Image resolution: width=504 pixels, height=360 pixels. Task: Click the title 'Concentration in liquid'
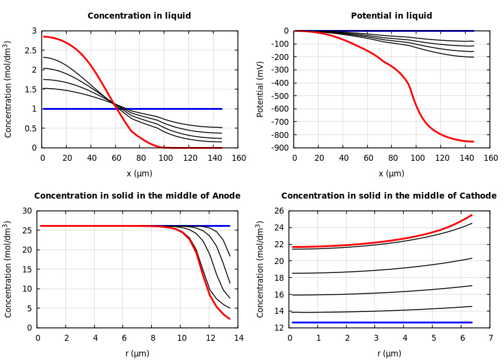click(139, 16)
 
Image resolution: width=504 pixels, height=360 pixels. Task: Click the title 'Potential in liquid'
click(391, 16)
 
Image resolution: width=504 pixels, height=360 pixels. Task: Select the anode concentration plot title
click(137, 196)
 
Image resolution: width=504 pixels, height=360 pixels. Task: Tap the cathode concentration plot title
click(389, 196)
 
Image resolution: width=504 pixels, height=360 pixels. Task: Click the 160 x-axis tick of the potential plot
click(490, 158)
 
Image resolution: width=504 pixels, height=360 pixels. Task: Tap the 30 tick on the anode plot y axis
click(27, 211)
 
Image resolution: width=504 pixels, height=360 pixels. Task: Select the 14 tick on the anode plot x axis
click(238, 338)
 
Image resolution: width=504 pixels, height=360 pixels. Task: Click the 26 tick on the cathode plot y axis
click(279, 211)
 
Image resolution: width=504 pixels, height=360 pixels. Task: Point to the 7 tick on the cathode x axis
click(490, 338)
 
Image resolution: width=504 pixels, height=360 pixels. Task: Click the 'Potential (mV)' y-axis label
click(260, 89)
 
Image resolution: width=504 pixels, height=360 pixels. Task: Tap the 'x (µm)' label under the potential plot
click(391, 174)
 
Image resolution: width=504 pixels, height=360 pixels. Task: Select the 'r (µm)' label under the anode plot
click(137, 354)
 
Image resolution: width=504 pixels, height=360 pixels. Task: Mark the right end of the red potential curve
click(473, 142)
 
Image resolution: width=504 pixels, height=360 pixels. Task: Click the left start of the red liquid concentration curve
click(43, 37)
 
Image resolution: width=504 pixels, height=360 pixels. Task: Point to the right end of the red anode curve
click(230, 319)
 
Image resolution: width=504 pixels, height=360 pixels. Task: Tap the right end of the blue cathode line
click(472, 322)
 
